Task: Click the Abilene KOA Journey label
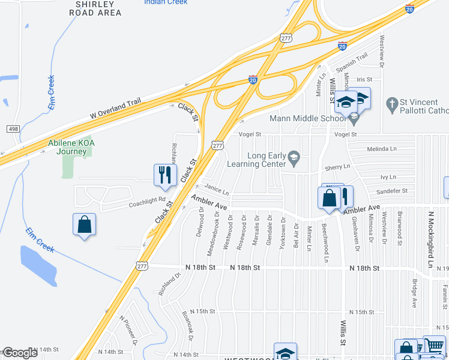71,147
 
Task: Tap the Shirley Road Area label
99,8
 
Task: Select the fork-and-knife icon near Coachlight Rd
165,175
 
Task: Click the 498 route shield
12,129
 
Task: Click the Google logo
19,353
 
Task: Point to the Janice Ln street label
217,191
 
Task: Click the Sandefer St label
391,191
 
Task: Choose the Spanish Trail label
354,61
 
